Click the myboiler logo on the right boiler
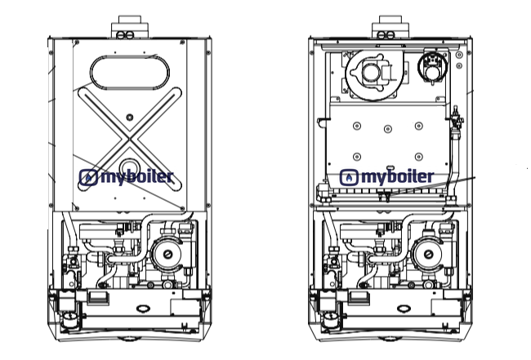388,178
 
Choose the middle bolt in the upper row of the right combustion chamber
389,126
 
